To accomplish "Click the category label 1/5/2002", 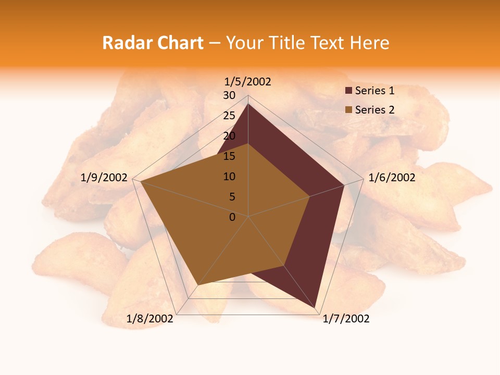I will (248, 82).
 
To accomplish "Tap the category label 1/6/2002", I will (392, 178).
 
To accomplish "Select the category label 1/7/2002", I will (346, 319).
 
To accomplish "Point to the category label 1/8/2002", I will (150, 319).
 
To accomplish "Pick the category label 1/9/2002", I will (104, 178).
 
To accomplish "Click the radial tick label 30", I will (229, 95).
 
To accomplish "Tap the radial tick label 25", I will (229, 116).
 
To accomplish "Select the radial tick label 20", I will (229, 136).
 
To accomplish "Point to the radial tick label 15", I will (229, 156).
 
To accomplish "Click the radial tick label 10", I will (229, 177).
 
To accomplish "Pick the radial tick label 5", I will (232, 197).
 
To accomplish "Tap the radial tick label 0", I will (232, 217).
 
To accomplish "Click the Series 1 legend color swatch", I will (348, 91).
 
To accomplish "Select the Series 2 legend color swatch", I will (348, 110).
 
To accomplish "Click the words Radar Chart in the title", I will (153, 43).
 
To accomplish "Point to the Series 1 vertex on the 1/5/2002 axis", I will (248, 104).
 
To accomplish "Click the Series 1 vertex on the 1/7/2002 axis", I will (316, 308).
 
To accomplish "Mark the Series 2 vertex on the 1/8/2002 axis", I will (198, 285).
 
